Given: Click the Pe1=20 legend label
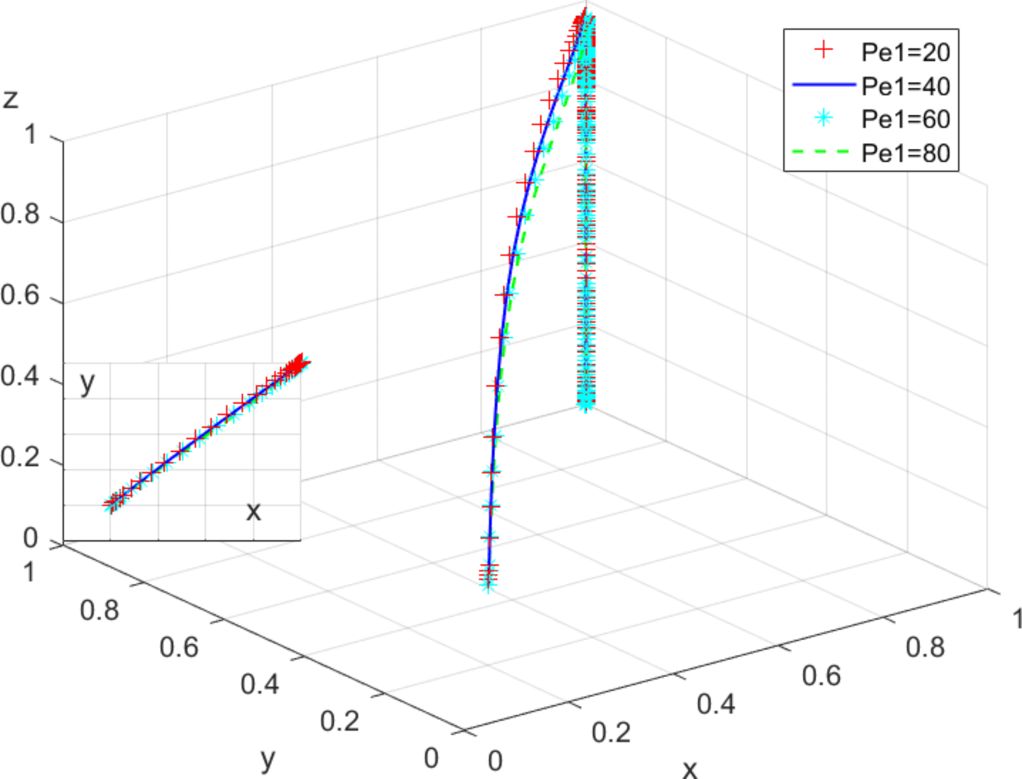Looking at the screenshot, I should [x=905, y=53].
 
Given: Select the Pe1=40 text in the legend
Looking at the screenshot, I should [x=905, y=86].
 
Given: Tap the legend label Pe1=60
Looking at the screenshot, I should [x=905, y=119].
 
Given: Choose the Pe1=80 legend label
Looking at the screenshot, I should [x=905, y=153].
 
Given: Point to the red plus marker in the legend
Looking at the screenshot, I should [x=824, y=51].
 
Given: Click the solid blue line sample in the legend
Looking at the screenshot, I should [x=824, y=85].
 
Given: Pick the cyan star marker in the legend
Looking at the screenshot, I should [x=824, y=117].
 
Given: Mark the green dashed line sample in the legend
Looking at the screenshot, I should [x=824, y=151].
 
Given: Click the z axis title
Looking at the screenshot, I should [x=11, y=99].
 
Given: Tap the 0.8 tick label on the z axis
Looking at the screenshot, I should [x=20, y=214].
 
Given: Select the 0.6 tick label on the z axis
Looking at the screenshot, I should [x=20, y=295].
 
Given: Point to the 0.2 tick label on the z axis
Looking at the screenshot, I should [x=20, y=458].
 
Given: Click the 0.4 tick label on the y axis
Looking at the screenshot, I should [x=260, y=684].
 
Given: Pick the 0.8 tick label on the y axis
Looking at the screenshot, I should [x=99, y=610].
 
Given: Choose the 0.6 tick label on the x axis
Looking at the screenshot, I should [x=821, y=676].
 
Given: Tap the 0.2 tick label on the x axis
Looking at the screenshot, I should [x=610, y=733].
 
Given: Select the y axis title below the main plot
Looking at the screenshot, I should [x=268, y=759].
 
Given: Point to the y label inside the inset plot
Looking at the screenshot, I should [x=88, y=383].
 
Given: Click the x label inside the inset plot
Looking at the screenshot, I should [x=253, y=512].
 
